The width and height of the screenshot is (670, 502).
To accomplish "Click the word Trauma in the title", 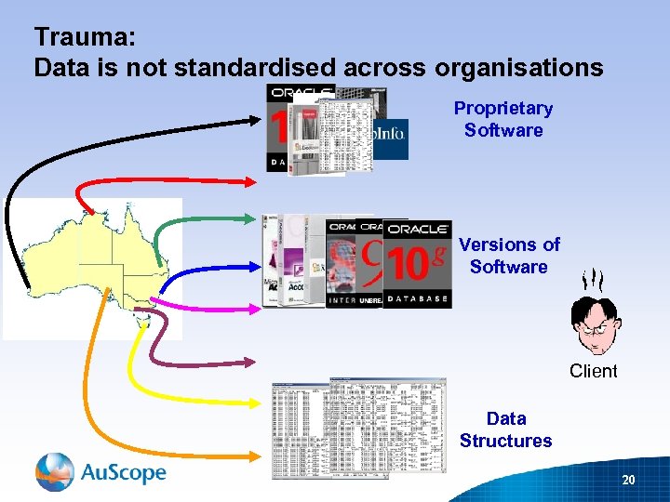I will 85,37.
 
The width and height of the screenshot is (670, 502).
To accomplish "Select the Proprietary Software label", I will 503,119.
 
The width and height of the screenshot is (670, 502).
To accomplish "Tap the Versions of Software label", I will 509,256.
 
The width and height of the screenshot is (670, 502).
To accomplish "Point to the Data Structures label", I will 505,429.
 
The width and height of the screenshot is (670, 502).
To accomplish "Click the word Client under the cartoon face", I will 593,371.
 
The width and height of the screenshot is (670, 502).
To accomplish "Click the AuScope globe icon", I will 55,472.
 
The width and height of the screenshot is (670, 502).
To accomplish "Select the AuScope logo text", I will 124,472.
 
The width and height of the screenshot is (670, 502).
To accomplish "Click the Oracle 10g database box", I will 416,264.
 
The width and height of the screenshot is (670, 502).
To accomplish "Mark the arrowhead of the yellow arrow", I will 255,403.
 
